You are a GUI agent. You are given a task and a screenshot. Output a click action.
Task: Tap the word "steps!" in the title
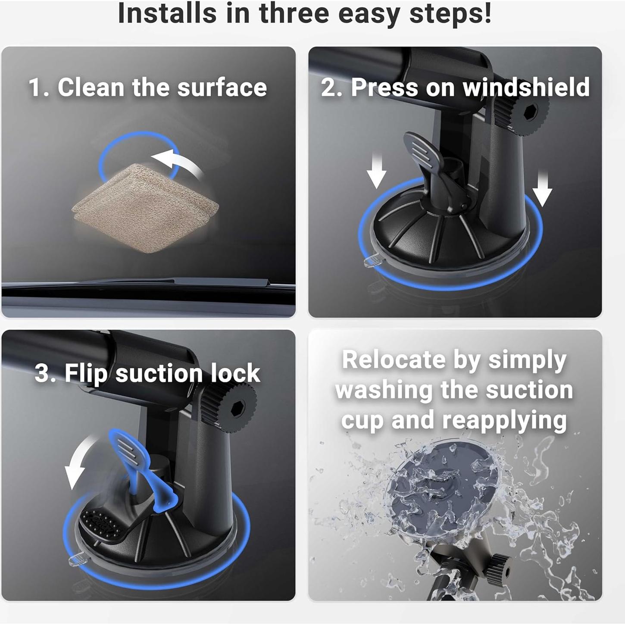tap(450, 13)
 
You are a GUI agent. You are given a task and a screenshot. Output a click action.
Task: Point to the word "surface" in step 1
tap(222, 87)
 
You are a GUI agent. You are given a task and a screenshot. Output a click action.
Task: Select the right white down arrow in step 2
tap(542, 189)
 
